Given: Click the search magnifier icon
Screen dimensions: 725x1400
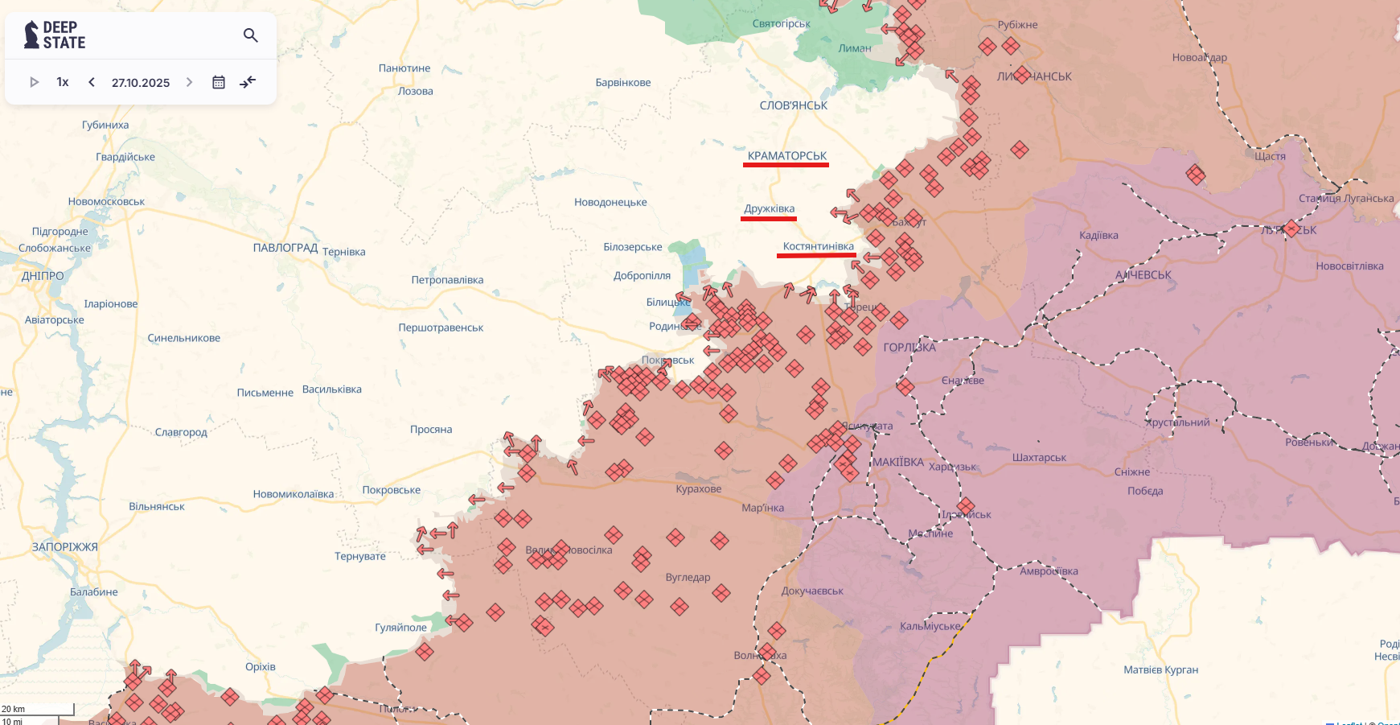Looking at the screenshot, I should click(x=250, y=35).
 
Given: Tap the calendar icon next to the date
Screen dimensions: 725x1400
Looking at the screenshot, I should click(x=218, y=82).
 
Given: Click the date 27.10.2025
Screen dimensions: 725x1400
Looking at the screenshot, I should click(x=141, y=83).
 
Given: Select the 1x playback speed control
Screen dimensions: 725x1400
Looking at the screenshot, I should click(x=63, y=82).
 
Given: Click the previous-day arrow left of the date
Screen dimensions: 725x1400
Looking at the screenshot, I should click(x=92, y=82).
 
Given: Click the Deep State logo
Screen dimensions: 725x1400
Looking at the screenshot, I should click(x=55, y=35).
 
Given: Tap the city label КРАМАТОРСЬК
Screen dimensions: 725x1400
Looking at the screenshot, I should click(x=786, y=155).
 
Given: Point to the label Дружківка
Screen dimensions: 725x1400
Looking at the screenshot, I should click(x=769, y=208).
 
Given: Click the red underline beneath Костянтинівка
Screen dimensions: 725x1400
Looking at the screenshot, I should click(x=815, y=256).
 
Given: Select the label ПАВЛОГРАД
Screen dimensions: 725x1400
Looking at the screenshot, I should click(x=285, y=248).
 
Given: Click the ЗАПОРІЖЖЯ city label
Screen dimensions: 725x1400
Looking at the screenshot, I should click(x=65, y=547).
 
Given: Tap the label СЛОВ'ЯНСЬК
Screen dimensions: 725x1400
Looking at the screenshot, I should click(x=793, y=105).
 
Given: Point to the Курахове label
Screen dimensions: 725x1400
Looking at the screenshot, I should click(x=698, y=489).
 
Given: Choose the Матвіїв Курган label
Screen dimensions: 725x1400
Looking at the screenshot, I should click(x=1160, y=669).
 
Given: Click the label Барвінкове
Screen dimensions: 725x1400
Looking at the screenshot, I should click(x=623, y=83).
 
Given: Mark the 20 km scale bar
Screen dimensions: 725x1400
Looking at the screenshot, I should click(x=37, y=709).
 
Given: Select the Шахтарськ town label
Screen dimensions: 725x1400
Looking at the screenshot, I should click(x=1039, y=458).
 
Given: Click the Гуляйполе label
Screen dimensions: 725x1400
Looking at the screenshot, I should click(x=400, y=628).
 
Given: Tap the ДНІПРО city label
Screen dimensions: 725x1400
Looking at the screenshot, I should click(x=43, y=276).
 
